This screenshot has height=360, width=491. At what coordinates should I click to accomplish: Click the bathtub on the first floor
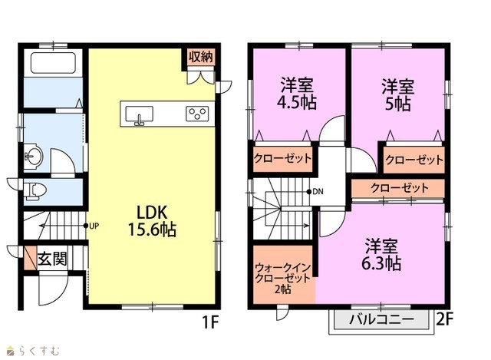point(53,63)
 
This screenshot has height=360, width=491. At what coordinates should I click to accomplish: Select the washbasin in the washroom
point(33,156)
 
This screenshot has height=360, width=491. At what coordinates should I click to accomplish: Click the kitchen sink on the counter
point(140,114)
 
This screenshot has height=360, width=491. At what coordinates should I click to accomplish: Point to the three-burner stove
point(197,114)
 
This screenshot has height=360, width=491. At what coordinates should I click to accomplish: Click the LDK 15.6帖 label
point(152,220)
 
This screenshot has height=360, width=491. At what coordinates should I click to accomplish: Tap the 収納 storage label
point(201,57)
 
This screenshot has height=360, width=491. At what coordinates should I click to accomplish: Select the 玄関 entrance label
point(52,259)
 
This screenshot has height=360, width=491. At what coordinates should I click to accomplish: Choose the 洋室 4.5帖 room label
point(297,94)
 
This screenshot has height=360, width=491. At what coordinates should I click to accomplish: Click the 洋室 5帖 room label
point(397,95)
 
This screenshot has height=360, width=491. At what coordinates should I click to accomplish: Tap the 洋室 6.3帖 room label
point(381,254)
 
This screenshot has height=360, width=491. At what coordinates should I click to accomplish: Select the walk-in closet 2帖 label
point(283,279)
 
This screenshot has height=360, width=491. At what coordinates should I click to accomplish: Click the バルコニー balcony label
point(382,319)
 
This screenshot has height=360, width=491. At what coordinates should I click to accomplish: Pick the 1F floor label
point(210,322)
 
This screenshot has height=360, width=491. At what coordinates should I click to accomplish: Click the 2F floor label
point(445,319)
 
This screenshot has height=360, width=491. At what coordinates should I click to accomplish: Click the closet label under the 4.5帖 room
point(283,158)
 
